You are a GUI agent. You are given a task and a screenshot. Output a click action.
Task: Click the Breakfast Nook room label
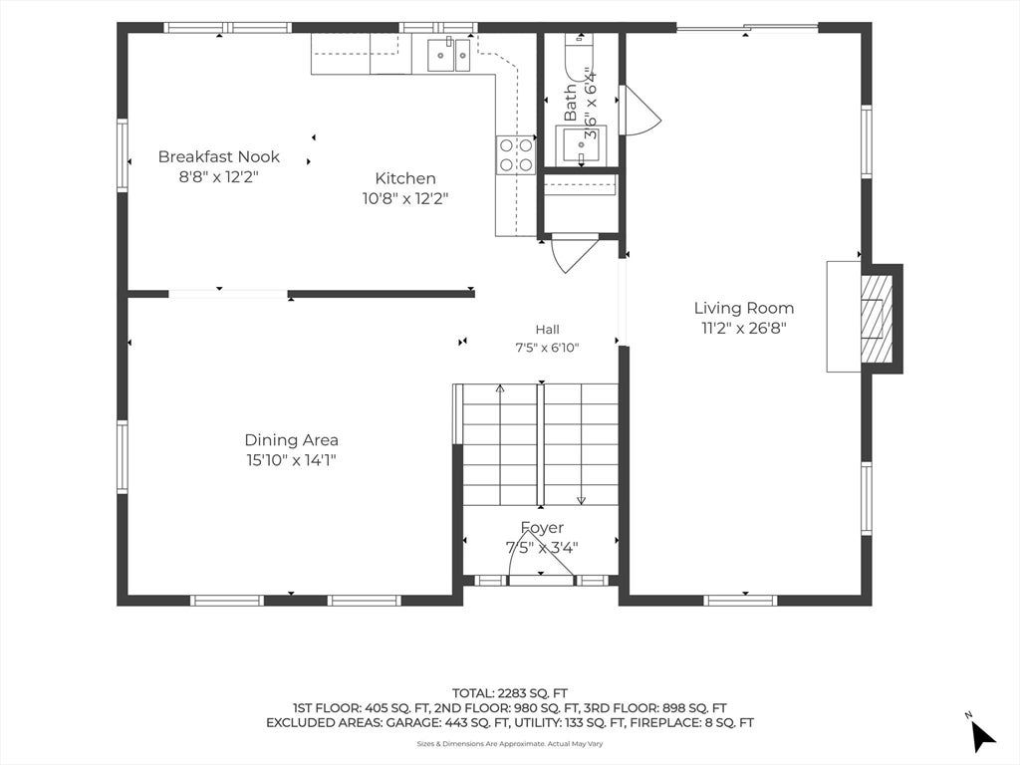click(x=218, y=156)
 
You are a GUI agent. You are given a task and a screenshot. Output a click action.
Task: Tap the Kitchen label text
click(x=405, y=178)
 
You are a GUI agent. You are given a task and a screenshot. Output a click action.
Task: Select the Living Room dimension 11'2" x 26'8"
click(x=743, y=328)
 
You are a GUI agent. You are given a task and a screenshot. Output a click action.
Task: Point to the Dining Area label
click(x=292, y=440)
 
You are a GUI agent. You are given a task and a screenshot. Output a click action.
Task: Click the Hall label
click(x=547, y=330)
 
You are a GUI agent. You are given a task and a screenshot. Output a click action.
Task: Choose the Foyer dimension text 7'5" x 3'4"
click(x=542, y=548)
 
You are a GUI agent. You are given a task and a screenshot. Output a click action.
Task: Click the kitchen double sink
click(x=449, y=55)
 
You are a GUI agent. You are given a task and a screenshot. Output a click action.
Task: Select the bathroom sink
click(x=581, y=145)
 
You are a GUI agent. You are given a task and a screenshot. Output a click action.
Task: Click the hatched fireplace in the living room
click(x=877, y=319)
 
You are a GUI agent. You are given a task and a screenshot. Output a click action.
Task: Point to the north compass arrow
click(x=982, y=735)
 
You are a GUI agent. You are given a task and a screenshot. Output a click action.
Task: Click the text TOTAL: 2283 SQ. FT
click(x=510, y=693)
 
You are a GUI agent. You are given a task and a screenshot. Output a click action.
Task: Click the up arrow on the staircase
click(x=500, y=445)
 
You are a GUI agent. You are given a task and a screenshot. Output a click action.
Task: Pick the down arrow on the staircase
click(x=581, y=445)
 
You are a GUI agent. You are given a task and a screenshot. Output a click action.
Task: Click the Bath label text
click(x=571, y=103)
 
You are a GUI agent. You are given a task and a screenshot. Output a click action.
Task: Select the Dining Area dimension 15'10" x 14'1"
click(x=292, y=460)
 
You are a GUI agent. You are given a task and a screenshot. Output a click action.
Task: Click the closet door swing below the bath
click(x=571, y=252)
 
